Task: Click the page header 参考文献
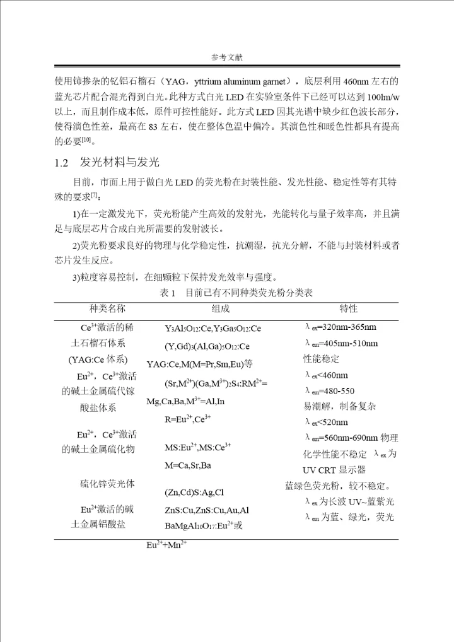coord(227,57)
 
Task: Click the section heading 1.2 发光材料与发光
coord(107,163)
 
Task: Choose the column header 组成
coord(221,309)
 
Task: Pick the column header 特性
coord(349,309)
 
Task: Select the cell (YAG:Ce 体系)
coord(98,360)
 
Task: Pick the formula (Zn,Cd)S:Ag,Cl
coord(194,492)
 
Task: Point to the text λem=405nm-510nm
coord(341,344)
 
